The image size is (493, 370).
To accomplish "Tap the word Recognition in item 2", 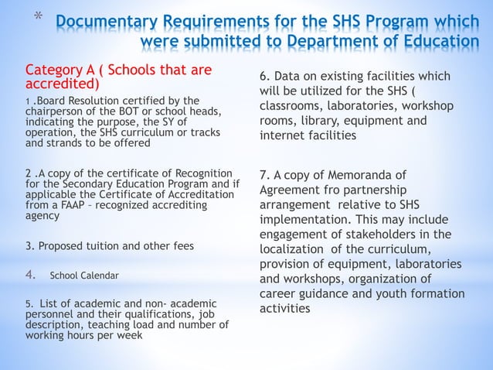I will point(199,172).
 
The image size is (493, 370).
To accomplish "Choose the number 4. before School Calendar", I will point(32,274).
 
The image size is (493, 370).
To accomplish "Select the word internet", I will point(277,135).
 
